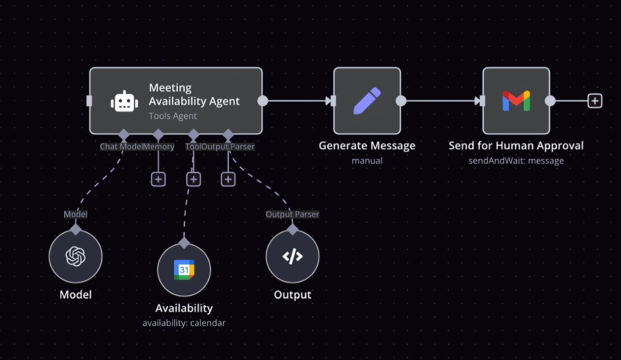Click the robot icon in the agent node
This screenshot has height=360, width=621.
point(124,101)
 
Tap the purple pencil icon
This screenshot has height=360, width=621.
point(367,101)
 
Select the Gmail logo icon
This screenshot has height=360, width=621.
point(516,101)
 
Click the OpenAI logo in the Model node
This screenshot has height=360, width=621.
point(76,256)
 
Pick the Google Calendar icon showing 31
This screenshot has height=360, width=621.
point(184,270)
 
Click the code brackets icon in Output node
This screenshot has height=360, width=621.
point(292,256)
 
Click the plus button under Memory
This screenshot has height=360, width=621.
point(158,179)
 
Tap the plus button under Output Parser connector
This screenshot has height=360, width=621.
point(228,179)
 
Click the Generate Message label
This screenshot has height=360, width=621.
point(367,146)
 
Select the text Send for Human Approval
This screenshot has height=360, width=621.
point(516,146)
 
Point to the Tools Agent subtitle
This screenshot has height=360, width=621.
point(173,116)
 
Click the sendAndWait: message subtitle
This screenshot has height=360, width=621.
point(516,161)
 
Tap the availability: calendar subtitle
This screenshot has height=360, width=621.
point(184,323)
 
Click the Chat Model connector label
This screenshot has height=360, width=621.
point(121,147)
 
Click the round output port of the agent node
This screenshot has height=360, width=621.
point(263,101)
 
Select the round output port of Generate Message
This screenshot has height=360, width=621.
point(401,101)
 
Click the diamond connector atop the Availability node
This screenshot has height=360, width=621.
point(184,243)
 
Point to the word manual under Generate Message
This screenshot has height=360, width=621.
point(367,161)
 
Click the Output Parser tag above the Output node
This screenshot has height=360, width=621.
point(292,215)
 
